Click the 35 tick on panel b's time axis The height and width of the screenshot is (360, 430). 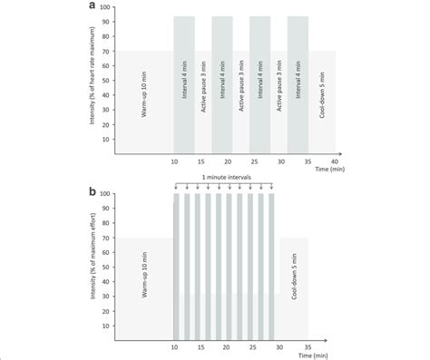coord(308,345)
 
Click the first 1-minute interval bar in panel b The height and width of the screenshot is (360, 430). coord(176,263)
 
